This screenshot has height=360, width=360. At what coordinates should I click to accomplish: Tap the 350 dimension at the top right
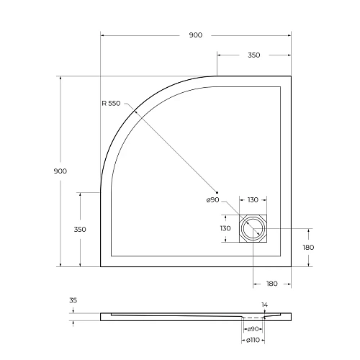tap(253, 55)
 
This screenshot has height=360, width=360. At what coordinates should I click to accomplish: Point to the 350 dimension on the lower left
tap(80, 229)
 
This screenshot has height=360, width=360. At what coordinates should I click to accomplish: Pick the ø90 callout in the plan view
tap(212, 199)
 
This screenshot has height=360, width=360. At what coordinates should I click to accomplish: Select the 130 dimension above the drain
tap(253, 199)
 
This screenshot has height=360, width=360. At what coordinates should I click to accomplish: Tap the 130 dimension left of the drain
tap(225, 228)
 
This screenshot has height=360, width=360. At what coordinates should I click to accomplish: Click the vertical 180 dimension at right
tap(309, 247)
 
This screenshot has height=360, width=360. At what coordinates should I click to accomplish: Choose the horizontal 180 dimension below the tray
tap(271, 284)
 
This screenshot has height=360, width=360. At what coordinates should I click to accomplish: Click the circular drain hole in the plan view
tap(253, 229)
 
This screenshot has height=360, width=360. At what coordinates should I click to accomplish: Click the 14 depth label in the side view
tap(265, 305)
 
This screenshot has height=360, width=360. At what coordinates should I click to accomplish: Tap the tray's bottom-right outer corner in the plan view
tap(292, 266)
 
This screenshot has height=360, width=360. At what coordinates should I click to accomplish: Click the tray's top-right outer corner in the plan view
tap(292, 76)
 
